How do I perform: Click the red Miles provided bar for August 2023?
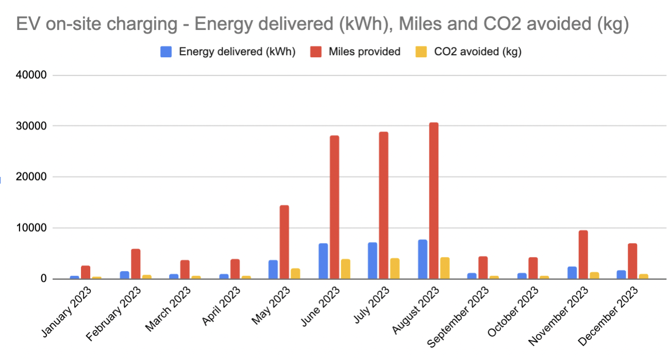[433, 201]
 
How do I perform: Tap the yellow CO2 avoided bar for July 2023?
[395, 269]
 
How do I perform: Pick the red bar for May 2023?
[284, 242]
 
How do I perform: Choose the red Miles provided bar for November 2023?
[583, 255]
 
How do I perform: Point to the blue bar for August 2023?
[422, 259]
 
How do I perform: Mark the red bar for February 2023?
[136, 264]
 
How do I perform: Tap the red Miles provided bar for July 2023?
[383, 206]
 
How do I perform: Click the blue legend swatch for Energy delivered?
[166, 52]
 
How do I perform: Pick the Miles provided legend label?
[364, 52]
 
